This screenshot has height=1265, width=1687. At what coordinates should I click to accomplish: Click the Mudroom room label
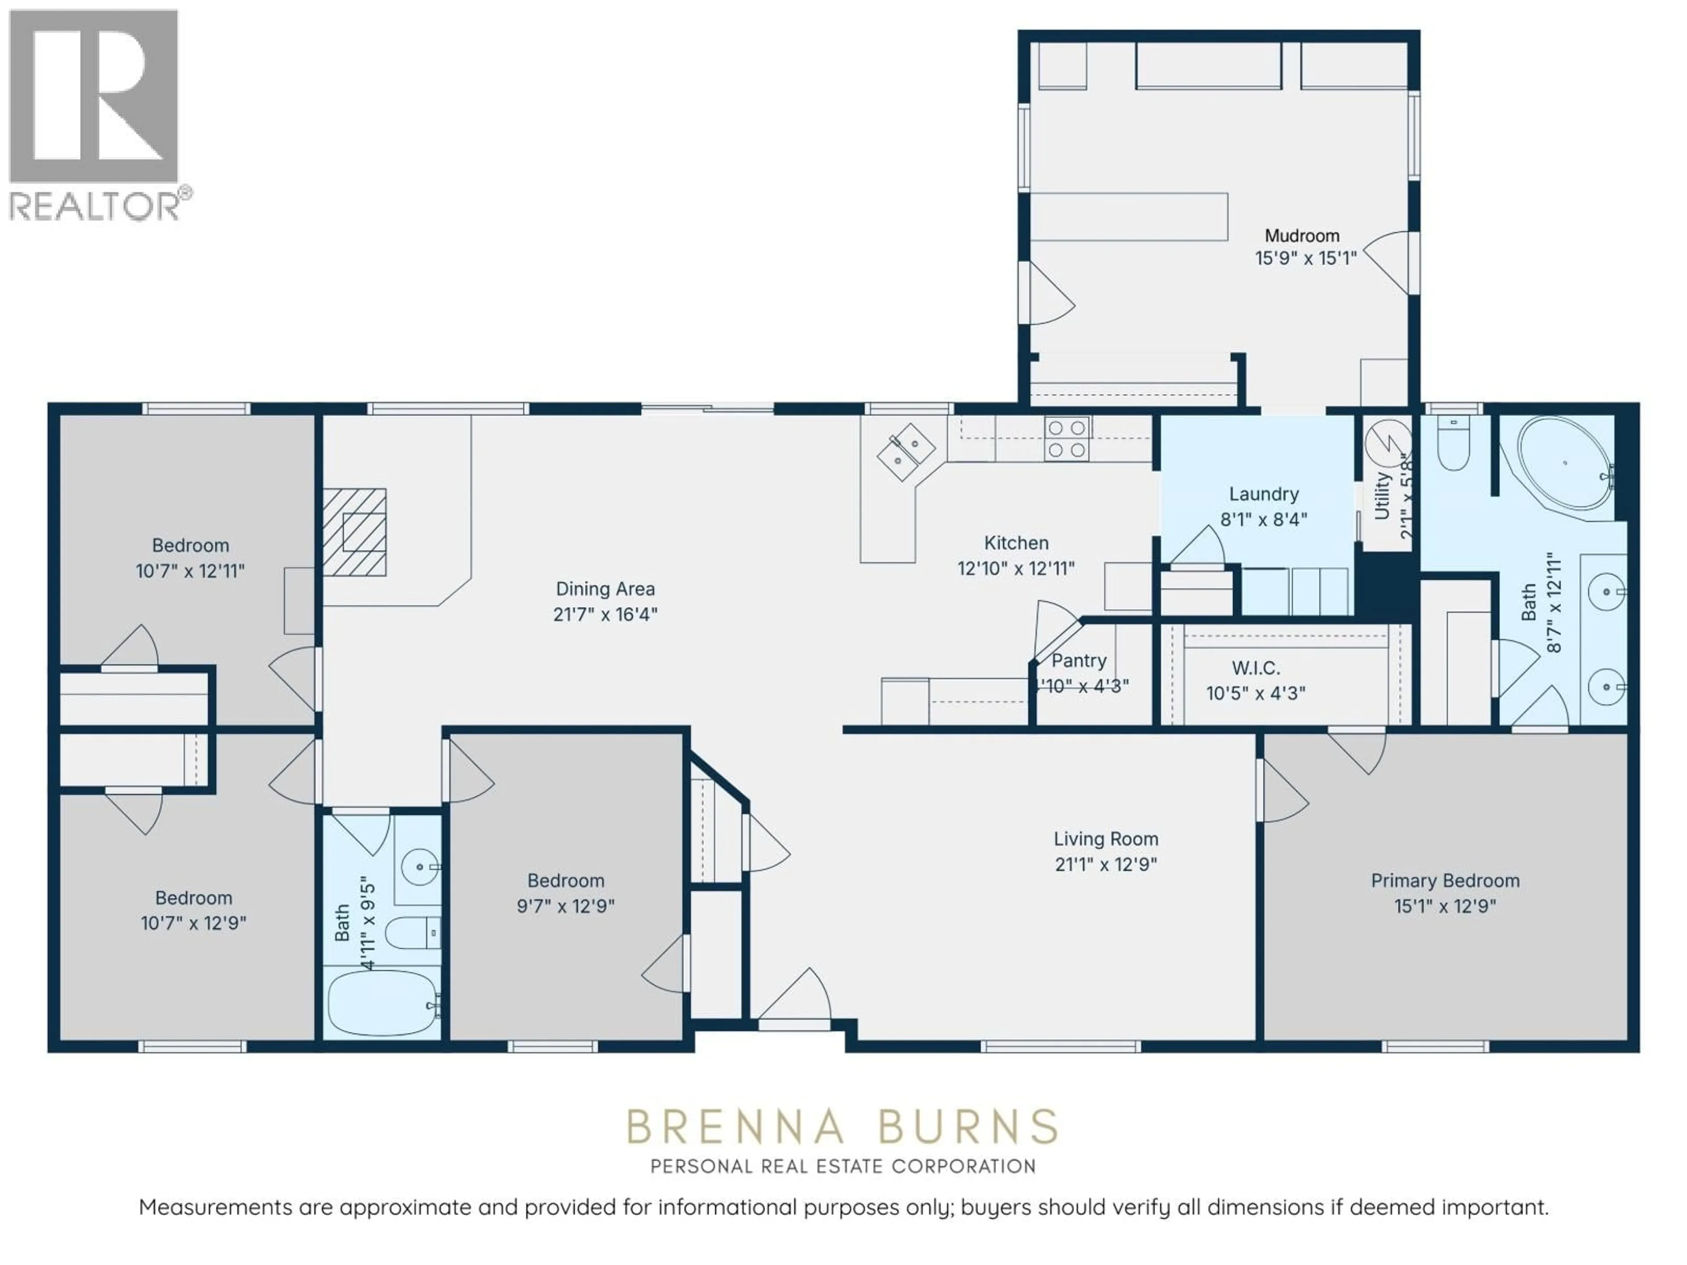(x=1301, y=235)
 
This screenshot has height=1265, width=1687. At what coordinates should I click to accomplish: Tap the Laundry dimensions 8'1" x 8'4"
(x=1264, y=519)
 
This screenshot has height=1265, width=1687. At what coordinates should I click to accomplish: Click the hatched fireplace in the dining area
(x=354, y=531)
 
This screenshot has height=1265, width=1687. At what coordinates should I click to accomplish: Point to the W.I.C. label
(x=1255, y=668)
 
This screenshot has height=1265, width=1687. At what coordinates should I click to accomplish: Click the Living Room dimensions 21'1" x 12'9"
(x=1106, y=864)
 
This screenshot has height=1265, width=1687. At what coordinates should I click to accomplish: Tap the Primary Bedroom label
(x=1444, y=881)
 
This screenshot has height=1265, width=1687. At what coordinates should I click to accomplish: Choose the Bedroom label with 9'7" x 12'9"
(x=565, y=881)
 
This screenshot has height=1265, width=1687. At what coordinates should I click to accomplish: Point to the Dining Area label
(x=605, y=589)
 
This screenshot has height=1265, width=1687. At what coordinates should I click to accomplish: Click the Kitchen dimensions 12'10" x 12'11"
(x=1016, y=568)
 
